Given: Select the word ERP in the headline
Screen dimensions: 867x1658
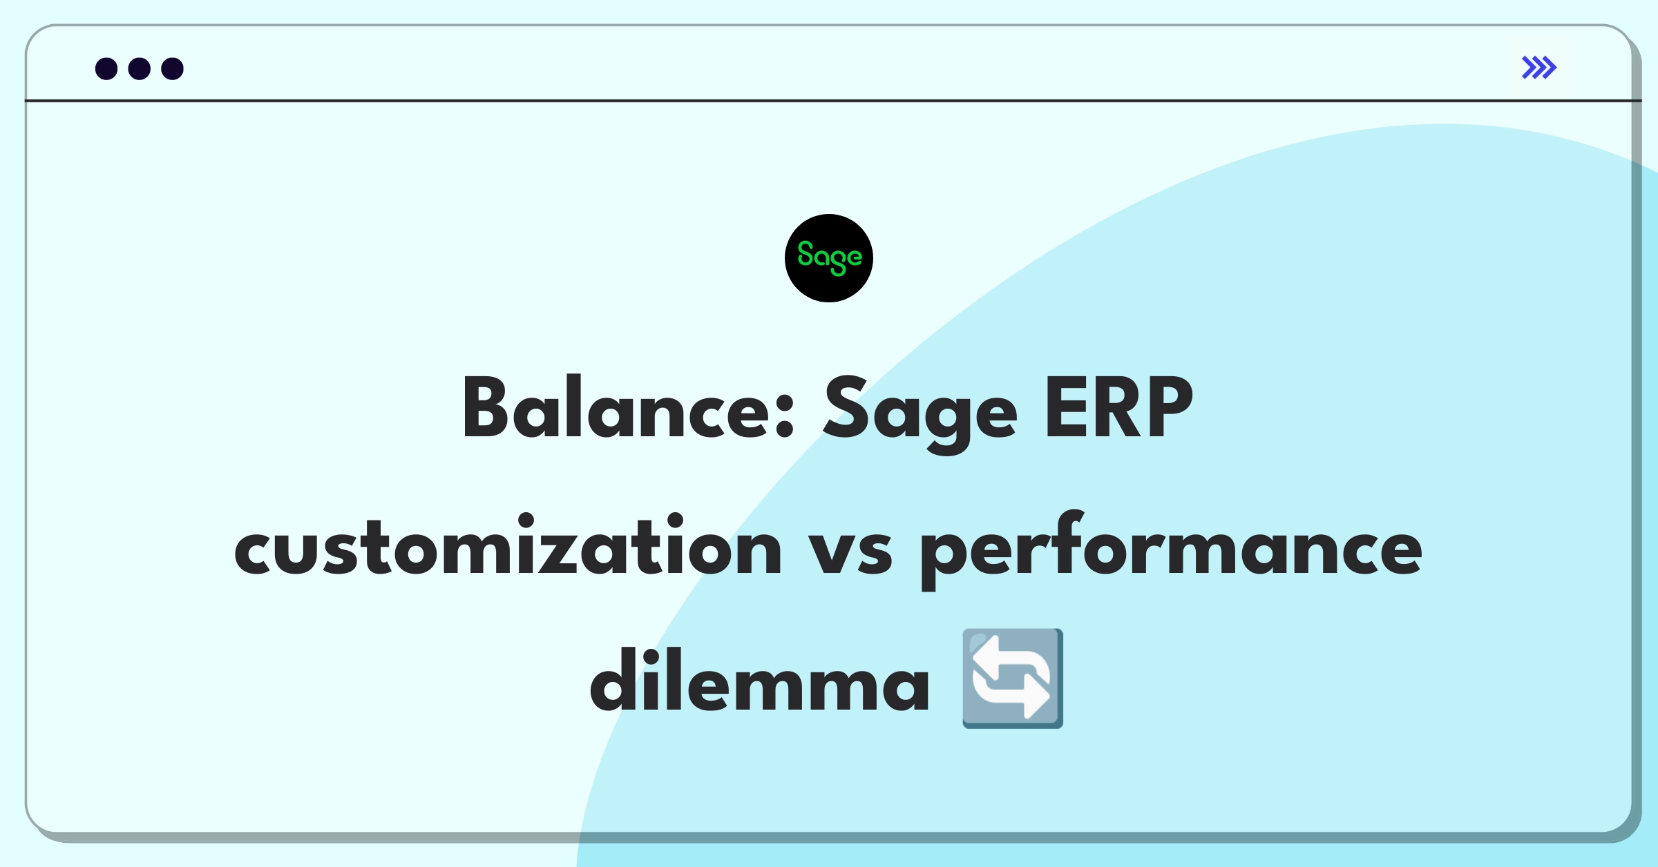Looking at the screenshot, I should (1118, 409).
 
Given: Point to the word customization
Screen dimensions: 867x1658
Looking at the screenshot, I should (508, 547).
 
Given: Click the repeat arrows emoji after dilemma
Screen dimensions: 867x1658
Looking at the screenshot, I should (1013, 679).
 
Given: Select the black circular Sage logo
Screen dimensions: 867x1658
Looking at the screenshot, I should (829, 258).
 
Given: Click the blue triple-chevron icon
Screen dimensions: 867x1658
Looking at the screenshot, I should (1539, 68).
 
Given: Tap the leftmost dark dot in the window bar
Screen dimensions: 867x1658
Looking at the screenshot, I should (106, 69).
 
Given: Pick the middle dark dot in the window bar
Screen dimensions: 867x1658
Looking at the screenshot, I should (140, 69).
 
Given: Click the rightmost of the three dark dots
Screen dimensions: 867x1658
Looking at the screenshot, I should (172, 69).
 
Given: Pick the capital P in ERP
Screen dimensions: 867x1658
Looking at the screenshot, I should (1167, 409).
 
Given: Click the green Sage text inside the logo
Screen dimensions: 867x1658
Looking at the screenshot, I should (829, 257).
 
